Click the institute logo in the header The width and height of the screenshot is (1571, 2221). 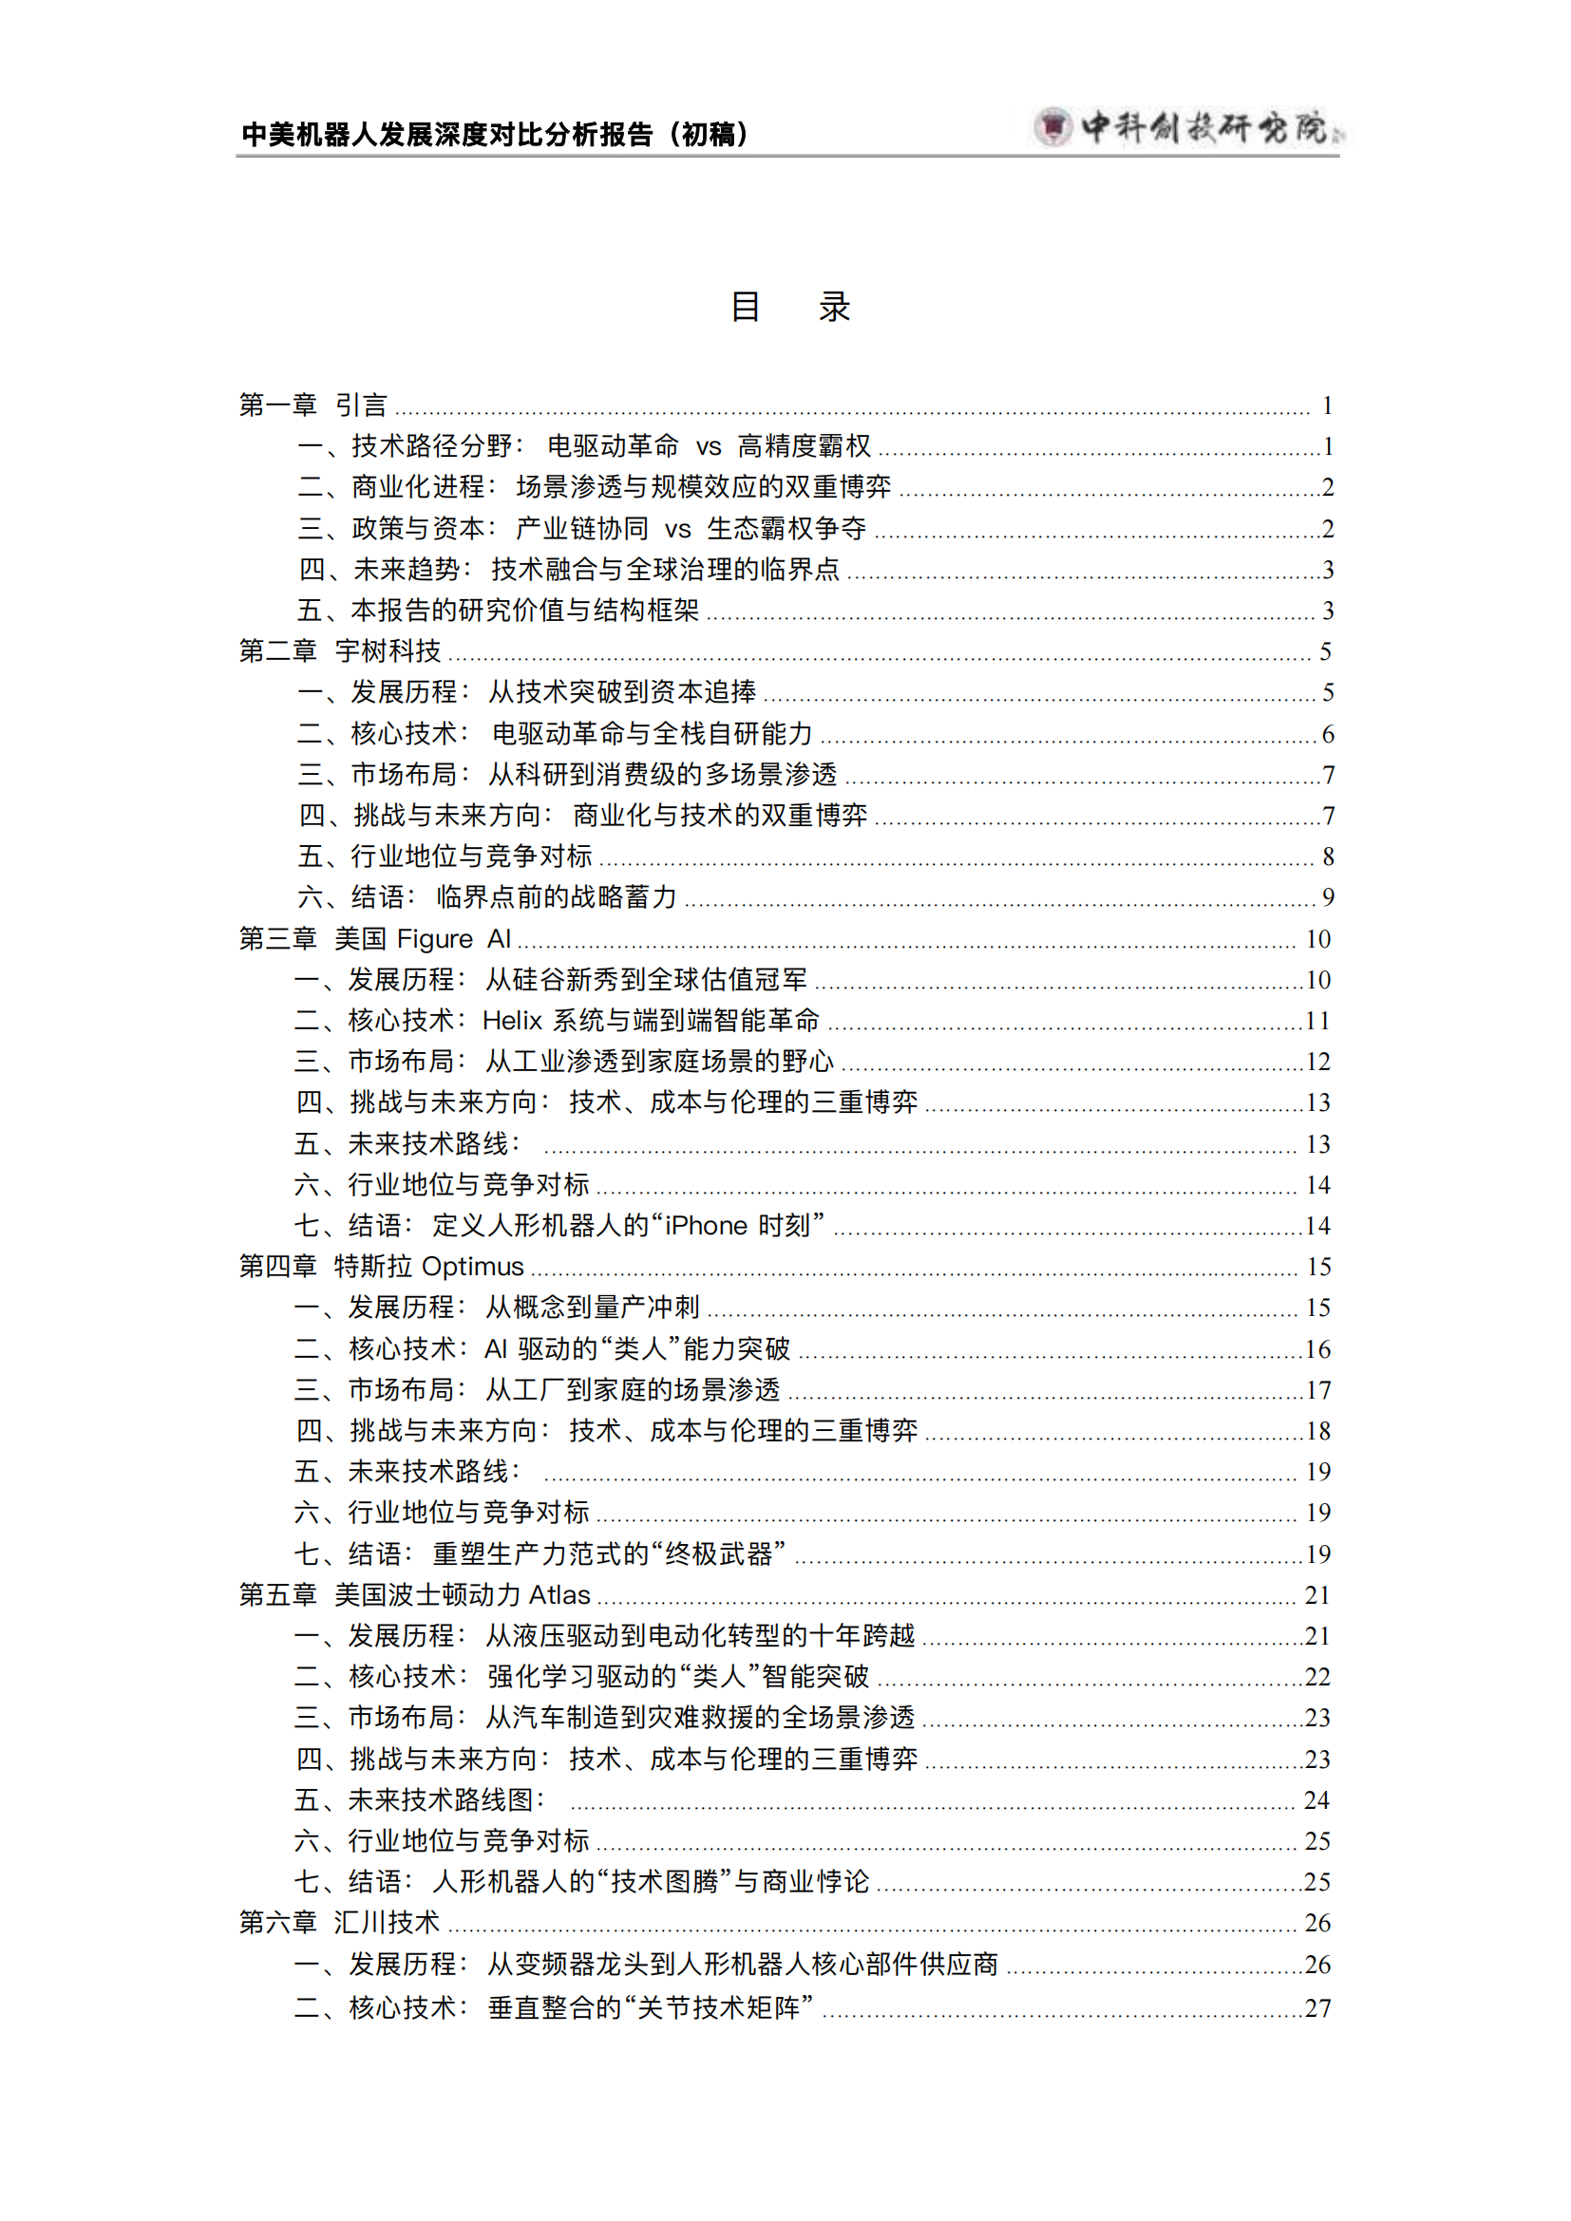tap(1190, 126)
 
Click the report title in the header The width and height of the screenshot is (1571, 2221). tap(494, 134)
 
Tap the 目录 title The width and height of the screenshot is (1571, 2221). tap(789, 307)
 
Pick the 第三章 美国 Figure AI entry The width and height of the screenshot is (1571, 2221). tap(374, 938)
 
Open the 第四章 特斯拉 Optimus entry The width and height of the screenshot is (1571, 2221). tap(381, 1267)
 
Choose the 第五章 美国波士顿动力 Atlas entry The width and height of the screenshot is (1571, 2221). tap(414, 1594)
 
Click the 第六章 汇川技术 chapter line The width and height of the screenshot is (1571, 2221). tap(338, 1922)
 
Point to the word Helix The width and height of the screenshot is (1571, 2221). tap(512, 1021)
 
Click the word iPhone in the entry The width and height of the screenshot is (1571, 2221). tap(706, 1226)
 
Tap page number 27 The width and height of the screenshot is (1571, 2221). tap(1317, 2008)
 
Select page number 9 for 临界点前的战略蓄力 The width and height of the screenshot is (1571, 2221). tap(1328, 897)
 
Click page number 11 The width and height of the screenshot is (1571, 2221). tap(1316, 1021)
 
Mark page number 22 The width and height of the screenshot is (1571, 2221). tap(1317, 1676)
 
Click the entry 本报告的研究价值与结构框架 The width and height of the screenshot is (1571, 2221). tap(497, 611)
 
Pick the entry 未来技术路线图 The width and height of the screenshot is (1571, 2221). tap(420, 1799)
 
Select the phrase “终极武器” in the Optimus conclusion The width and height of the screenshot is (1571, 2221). tap(719, 1553)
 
